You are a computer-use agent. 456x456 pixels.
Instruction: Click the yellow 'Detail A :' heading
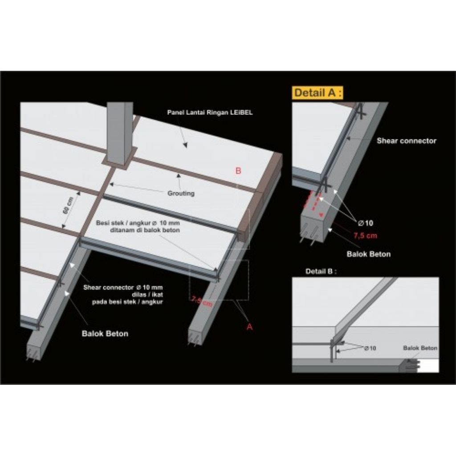coord(318,94)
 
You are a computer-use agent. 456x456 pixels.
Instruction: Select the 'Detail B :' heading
coord(321,271)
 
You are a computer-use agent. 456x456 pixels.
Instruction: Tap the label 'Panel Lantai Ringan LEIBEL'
coord(210,113)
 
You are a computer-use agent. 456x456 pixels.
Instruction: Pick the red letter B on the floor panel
coord(238,170)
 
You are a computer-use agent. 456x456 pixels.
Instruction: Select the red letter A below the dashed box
coord(249,326)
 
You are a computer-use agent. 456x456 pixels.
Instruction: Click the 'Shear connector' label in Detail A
coord(406,141)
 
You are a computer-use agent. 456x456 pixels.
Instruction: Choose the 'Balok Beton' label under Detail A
coord(368,254)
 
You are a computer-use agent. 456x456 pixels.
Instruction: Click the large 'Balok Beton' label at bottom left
coord(105,333)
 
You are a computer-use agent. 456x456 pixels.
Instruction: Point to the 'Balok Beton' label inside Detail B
coord(420,348)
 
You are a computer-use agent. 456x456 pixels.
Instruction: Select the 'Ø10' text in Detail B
coord(370,348)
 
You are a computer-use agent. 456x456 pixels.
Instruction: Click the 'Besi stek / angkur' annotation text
coord(138,226)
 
